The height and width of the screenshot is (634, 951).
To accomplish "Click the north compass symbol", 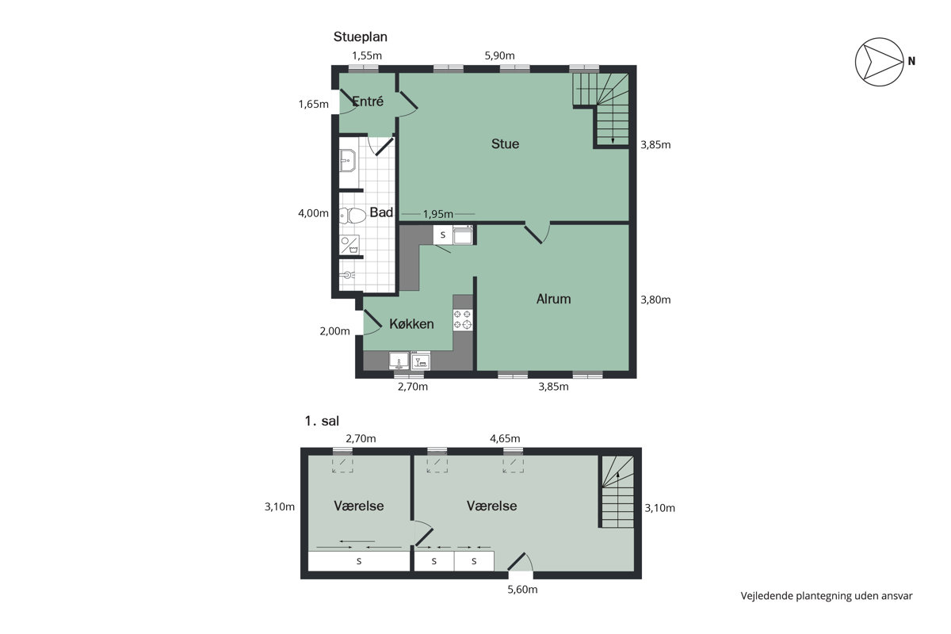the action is (x=879, y=62).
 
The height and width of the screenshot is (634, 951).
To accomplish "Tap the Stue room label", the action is (x=505, y=144).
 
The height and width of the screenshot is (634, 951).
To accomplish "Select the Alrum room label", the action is (x=553, y=299).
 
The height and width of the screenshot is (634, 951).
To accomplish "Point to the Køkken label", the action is (x=411, y=324).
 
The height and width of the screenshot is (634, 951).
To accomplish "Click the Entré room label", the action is (x=368, y=101).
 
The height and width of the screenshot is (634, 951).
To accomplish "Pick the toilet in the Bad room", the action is (x=353, y=216).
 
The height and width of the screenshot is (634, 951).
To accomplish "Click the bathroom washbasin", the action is (x=348, y=161).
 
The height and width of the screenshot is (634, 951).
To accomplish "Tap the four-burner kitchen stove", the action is (x=462, y=319).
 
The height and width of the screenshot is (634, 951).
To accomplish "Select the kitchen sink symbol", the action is (x=399, y=361).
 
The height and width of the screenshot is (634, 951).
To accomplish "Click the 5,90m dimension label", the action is (x=499, y=55).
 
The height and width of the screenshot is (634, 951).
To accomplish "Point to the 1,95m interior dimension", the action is (x=437, y=214).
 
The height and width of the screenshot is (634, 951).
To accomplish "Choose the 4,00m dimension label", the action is (x=313, y=213).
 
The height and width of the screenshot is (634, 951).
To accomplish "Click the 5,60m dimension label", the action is (x=522, y=590).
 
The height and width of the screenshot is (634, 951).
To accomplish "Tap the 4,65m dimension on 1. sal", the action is (x=505, y=438).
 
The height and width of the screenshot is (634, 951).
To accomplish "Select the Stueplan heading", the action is (x=360, y=37).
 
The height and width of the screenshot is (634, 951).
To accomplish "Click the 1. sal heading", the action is (x=322, y=421).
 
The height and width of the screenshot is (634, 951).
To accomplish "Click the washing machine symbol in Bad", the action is (x=349, y=245).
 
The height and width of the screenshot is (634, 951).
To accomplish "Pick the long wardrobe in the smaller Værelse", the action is (x=359, y=561).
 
